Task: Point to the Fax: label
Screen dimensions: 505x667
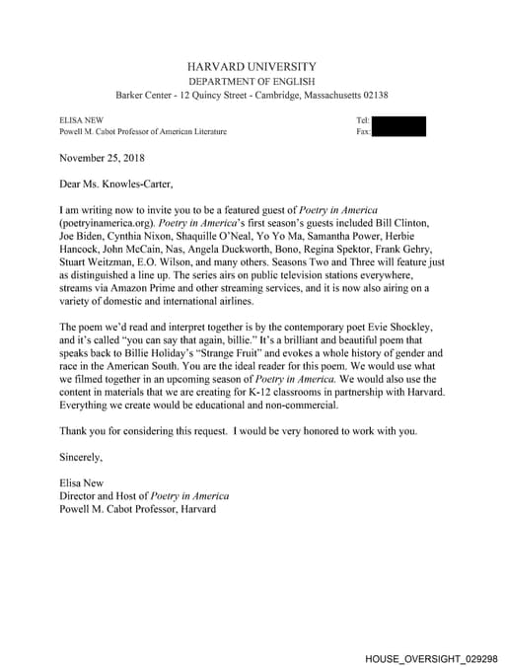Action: pyautogui.click(x=363, y=131)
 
